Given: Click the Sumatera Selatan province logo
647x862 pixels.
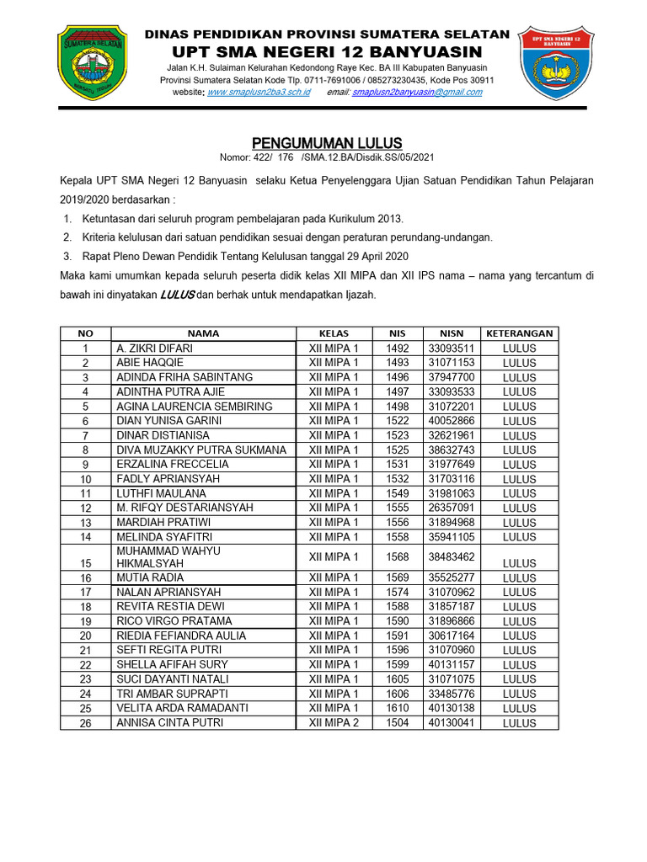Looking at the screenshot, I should coord(91,64).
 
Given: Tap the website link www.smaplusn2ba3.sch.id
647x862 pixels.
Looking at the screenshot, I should coord(258,92).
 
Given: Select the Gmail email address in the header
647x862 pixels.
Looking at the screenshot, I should coord(417,92).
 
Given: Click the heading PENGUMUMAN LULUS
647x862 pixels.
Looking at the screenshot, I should coord(329,142).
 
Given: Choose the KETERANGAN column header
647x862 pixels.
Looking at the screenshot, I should coord(519,333).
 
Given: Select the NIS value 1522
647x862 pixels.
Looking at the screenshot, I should coord(397,420).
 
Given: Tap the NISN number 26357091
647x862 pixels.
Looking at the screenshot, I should coord(451,508).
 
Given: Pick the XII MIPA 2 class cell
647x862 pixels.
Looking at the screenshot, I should coord(334,722).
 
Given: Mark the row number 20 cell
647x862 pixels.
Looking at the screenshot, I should coord(85,636).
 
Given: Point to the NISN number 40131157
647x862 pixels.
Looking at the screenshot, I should coord(451,664).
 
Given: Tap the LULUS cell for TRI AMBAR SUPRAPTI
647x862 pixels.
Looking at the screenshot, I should coord(519,694).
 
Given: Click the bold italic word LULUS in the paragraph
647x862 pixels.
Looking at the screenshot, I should coord(178,295).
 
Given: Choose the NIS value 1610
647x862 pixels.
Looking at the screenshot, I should coord(397,708).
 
